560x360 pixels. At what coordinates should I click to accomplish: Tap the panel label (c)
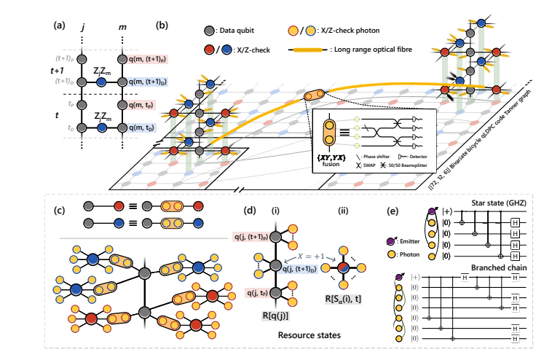tap(60, 211)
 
